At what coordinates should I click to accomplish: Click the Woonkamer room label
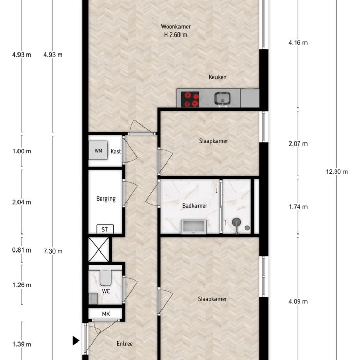click(173, 26)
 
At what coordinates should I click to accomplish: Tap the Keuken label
click(218, 77)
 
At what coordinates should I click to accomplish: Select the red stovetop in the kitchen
click(191, 99)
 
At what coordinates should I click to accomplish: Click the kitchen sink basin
click(223, 97)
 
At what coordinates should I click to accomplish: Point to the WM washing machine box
click(98, 151)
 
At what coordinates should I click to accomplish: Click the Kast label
click(116, 151)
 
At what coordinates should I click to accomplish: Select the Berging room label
click(105, 199)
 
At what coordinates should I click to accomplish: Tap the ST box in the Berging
click(105, 229)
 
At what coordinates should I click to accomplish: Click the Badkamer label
click(194, 206)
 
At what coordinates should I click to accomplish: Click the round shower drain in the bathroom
click(237, 222)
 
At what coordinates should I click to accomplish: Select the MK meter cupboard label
click(105, 313)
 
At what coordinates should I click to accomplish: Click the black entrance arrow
click(76, 340)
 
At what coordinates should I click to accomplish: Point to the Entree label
click(124, 344)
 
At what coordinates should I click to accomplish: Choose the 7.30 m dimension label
click(53, 251)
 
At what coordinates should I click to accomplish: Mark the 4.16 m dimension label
click(298, 43)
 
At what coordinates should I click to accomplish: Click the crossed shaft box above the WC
click(99, 249)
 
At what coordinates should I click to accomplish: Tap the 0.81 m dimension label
click(22, 251)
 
